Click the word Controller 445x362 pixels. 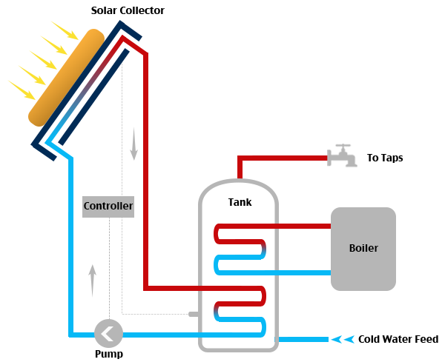click(x=108, y=206)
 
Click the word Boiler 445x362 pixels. click(x=363, y=248)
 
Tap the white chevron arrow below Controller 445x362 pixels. click(x=107, y=334)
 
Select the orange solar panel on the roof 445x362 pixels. click(x=63, y=85)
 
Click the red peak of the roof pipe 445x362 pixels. click(x=127, y=41)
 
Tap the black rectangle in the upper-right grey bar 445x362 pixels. click(x=385, y=166)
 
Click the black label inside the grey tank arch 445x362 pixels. click(x=239, y=205)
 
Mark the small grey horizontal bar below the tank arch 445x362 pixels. click(x=230, y=296)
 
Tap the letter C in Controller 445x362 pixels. click(x=87, y=206)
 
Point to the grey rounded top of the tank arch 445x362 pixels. click(x=237, y=187)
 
